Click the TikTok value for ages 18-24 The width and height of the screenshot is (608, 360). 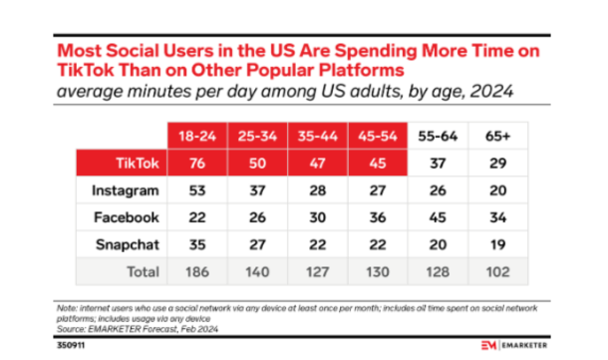(197, 164)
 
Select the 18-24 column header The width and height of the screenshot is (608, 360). (197, 137)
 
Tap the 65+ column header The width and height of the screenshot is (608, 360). (498, 137)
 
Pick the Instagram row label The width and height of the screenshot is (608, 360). (126, 190)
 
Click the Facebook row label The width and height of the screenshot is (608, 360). (127, 217)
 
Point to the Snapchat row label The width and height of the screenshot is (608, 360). (128, 244)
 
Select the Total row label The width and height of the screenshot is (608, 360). (144, 272)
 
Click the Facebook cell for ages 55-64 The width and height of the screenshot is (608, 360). (438, 217)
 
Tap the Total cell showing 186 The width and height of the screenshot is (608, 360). (197, 272)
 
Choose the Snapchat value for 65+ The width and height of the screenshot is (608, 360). (498, 244)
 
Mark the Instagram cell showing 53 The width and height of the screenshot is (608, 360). (197, 190)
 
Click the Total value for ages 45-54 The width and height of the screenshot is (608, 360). (378, 272)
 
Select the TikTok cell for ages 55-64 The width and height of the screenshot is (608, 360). (438, 164)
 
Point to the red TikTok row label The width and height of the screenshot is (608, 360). (138, 164)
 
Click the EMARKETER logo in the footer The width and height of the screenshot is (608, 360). (513, 345)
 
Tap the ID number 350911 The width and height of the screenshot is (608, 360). (71, 345)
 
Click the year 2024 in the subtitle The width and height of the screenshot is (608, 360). (491, 92)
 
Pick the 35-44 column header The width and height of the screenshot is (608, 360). (318, 137)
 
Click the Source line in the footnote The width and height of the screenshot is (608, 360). (138, 329)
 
